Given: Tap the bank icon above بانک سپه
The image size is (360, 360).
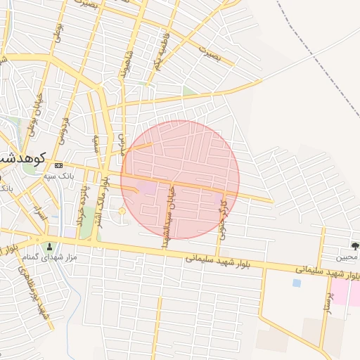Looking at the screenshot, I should (x=58, y=165).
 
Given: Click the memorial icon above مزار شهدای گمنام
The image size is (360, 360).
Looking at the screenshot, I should (x=49, y=247).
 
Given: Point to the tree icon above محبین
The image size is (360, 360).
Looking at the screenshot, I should (x=355, y=246).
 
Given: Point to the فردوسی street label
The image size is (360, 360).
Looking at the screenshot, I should (x=65, y=130).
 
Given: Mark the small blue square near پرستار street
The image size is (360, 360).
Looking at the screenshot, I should (x=296, y=283).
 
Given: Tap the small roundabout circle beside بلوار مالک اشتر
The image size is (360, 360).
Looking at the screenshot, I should (x=122, y=211).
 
